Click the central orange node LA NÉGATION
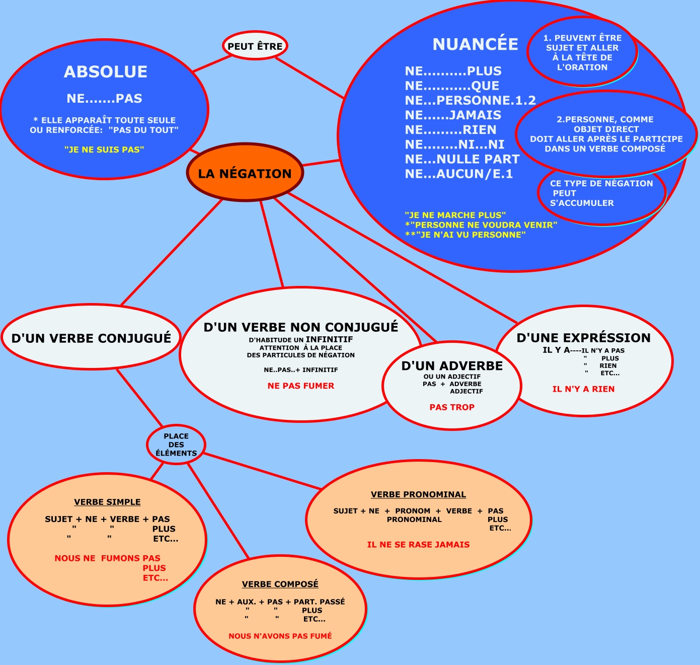245,173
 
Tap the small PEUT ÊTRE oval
255,46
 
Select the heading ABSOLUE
106,72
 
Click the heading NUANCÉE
475,44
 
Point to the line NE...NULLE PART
462,159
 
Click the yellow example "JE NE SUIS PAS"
104,150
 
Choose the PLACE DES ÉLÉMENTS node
176,445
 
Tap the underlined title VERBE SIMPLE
107,502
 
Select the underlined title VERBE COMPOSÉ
280,584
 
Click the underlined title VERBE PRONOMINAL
418,494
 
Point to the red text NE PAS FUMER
301,386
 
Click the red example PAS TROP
452,407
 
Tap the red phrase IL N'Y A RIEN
583,389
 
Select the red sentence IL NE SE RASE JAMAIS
418,544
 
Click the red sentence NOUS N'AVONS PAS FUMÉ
280,636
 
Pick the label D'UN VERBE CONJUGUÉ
91,338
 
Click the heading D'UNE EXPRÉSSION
583,338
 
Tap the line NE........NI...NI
454,144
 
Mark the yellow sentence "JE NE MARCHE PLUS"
455,215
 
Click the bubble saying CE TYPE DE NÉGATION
601,193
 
